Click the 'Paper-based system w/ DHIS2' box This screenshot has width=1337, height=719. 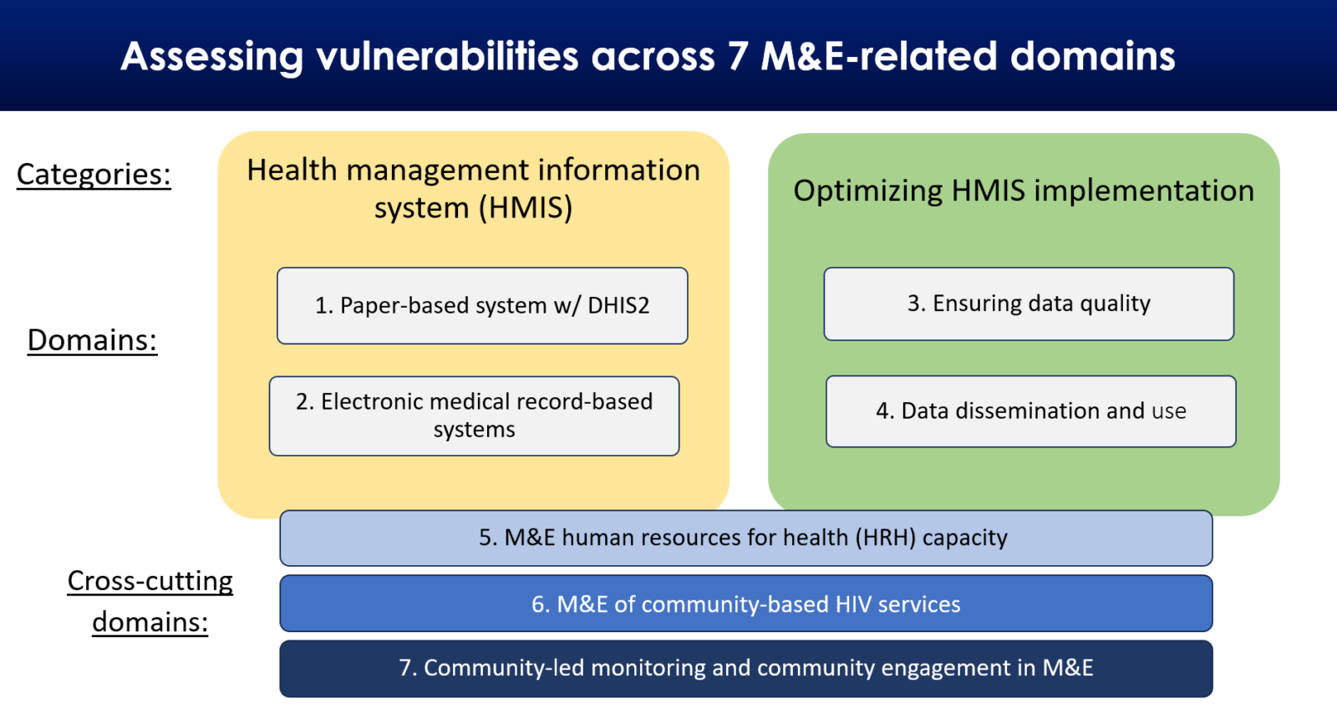pyautogui.click(x=482, y=306)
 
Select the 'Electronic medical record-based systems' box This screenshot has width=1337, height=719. pyautogui.click(x=474, y=416)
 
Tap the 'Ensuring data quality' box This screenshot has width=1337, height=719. pyautogui.click(x=1029, y=303)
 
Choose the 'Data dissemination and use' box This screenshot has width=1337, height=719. pyautogui.click(x=1030, y=411)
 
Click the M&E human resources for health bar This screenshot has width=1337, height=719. pyautogui.click(x=745, y=538)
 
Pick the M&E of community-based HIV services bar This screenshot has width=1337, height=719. pyautogui.click(x=745, y=604)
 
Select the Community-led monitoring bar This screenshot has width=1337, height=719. pyautogui.click(x=745, y=668)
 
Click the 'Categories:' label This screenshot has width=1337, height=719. pyautogui.click(x=94, y=175)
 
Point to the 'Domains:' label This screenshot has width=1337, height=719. pyautogui.click(x=92, y=340)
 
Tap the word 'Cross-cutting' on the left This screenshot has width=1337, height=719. pyautogui.click(x=150, y=581)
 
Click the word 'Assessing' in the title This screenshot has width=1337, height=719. pyautogui.click(x=212, y=57)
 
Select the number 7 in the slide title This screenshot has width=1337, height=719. pyautogui.click(x=737, y=57)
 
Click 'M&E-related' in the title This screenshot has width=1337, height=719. pyautogui.click(x=879, y=57)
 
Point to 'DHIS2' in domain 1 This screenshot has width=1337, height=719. pyautogui.click(x=618, y=306)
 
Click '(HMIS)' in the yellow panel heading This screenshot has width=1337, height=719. pyautogui.click(x=526, y=207)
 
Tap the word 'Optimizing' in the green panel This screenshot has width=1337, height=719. pyautogui.click(x=868, y=191)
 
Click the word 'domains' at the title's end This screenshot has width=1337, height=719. pyautogui.click(x=1092, y=57)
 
